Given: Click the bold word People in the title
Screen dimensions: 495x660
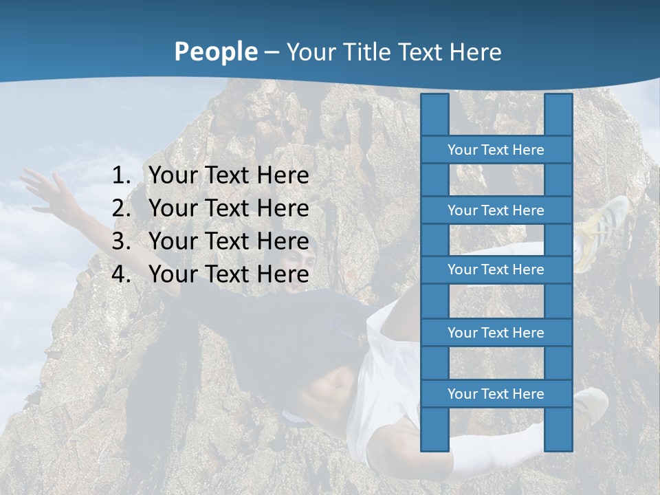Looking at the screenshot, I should (x=215, y=52).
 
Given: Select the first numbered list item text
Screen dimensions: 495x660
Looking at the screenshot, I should (x=228, y=176).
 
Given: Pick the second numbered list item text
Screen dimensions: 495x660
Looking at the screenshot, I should (x=228, y=208).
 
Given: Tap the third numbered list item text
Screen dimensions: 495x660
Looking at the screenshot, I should (x=228, y=241).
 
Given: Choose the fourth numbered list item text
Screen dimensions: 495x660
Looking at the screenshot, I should (x=228, y=274).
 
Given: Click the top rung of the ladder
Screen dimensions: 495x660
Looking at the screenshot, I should (x=496, y=150).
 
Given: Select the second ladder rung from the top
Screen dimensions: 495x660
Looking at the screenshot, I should (x=496, y=210).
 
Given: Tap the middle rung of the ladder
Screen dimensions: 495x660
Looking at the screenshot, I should (x=496, y=269).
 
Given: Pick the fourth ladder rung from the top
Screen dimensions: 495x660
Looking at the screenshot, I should (x=496, y=333).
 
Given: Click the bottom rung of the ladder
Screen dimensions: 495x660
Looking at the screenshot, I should (x=496, y=394).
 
